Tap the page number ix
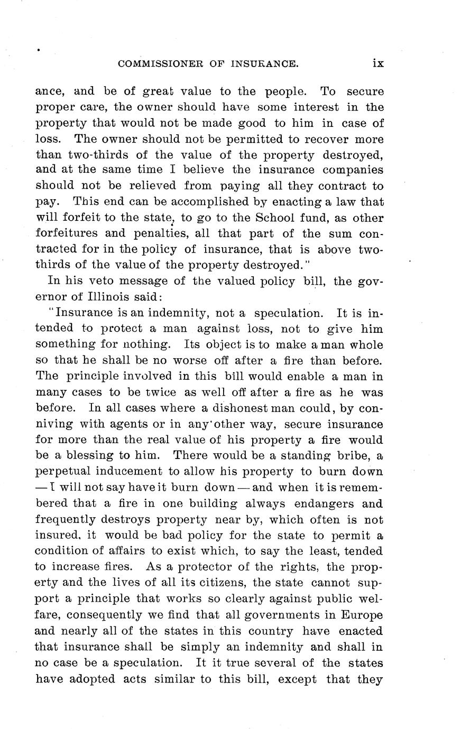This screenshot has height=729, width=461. (x=378, y=63)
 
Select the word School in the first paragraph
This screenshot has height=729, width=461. (x=274, y=218)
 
